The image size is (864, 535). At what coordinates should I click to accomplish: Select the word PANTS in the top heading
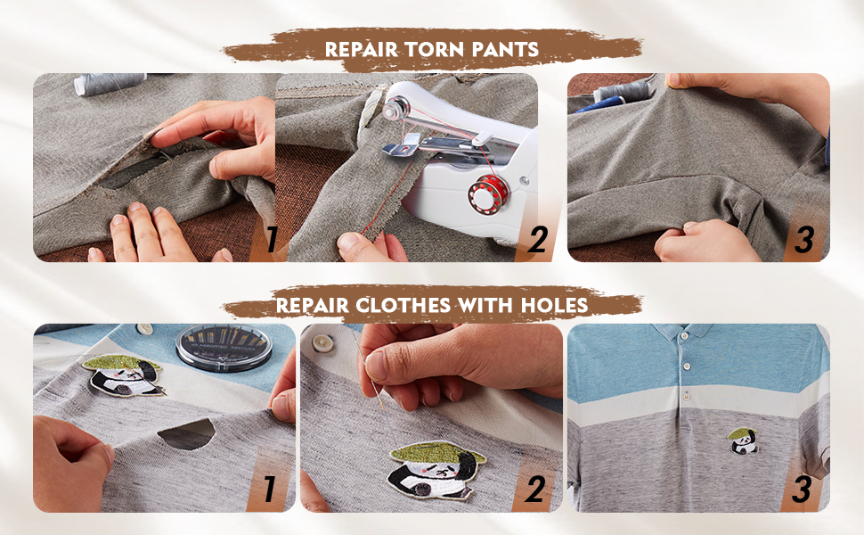pos(508,48)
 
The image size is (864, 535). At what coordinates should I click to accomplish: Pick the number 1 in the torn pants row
pos(270,238)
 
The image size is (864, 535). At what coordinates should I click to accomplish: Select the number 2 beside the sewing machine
pos(535,239)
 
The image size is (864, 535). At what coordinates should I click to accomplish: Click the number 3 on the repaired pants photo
pos(804,239)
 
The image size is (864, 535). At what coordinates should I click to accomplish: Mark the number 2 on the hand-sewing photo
pos(535,489)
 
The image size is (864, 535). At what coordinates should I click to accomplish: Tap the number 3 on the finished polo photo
pos(804,489)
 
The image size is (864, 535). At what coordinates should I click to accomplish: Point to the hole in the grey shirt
pos(186,433)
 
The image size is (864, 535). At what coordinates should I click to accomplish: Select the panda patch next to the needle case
pos(122,375)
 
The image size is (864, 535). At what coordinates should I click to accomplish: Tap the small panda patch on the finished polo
pos(741,440)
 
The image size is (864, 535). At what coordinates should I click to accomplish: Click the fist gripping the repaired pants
pos(704,241)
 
